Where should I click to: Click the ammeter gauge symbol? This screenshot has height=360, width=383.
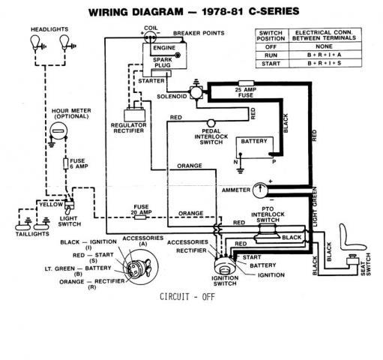(260, 190)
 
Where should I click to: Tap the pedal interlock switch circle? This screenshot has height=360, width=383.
(211, 123)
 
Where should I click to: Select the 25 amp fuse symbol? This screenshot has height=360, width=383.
(246, 83)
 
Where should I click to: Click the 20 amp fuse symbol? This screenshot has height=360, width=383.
(140, 217)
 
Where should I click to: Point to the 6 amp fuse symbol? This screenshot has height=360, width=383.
(66, 163)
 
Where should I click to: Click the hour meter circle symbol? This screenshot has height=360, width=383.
(58, 131)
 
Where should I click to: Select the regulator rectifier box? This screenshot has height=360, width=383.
(135, 115)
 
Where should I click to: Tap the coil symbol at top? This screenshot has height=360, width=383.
(150, 37)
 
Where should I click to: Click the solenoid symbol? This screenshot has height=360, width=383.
(196, 91)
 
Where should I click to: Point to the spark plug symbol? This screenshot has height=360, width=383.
(178, 55)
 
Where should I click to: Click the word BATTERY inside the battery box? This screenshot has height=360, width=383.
(254, 141)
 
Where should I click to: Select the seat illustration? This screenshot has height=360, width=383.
(352, 238)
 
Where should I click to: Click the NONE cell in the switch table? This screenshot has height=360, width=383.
(325, 46)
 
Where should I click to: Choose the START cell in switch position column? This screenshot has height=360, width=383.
(271, 64)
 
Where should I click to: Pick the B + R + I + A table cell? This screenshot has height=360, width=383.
(325, 55)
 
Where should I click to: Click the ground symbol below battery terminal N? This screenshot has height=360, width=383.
(241, 171)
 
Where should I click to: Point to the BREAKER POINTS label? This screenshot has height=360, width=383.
(199, 33)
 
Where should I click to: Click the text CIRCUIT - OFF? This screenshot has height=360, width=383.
(187, 297)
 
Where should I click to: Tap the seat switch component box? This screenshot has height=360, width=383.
(352, 261)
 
